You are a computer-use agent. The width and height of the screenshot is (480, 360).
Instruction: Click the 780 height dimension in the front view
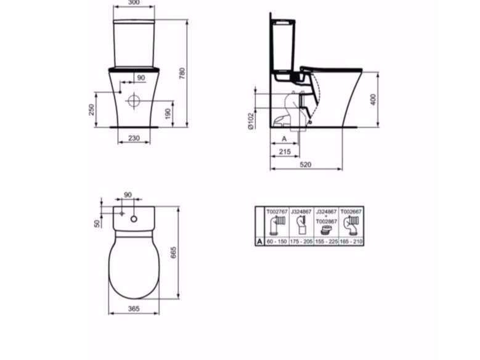182,73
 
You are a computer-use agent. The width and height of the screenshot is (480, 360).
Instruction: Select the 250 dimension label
91,109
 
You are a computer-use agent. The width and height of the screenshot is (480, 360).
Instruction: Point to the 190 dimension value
167,114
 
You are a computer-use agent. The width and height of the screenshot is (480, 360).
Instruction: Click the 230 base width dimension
134,138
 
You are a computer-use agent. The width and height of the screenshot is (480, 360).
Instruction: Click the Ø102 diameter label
251,121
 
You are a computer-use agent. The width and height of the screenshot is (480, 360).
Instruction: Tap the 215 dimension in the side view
284,151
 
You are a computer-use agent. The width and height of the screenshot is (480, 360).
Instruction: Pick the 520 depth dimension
305,165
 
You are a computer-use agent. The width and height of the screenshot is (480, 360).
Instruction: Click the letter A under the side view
283,139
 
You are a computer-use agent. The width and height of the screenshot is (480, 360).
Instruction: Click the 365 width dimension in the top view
134,308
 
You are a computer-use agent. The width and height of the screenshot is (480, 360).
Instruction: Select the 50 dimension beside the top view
97,223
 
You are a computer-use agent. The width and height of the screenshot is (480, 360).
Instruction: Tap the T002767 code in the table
277,211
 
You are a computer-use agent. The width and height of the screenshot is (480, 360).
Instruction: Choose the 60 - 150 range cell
277,242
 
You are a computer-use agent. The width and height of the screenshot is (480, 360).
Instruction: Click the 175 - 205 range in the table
302,242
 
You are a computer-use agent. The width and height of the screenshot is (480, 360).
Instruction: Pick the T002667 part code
351,211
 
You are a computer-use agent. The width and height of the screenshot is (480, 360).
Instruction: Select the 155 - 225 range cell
327,242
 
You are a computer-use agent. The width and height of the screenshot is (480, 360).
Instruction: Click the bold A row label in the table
260,242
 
